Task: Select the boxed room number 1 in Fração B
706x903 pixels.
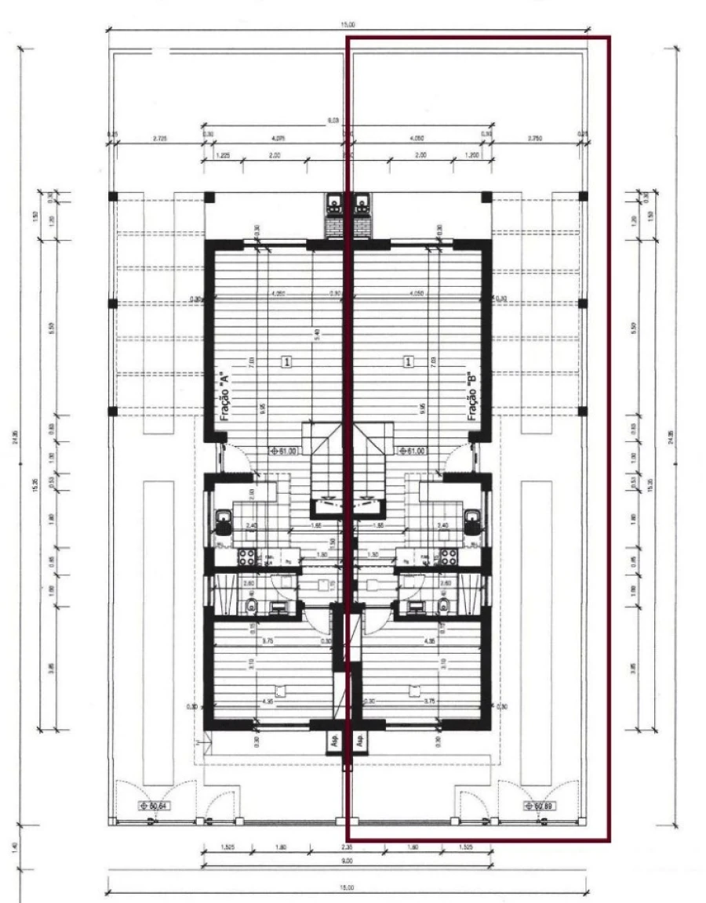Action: click(x=408, y=361)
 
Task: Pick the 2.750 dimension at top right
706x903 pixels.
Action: click(x=537, y=139)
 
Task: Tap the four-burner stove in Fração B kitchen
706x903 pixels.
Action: click(x=449, y=557)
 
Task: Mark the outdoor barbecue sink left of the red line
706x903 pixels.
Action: click(x=335, y=205)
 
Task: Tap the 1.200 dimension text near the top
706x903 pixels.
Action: click(x=472, y=156)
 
